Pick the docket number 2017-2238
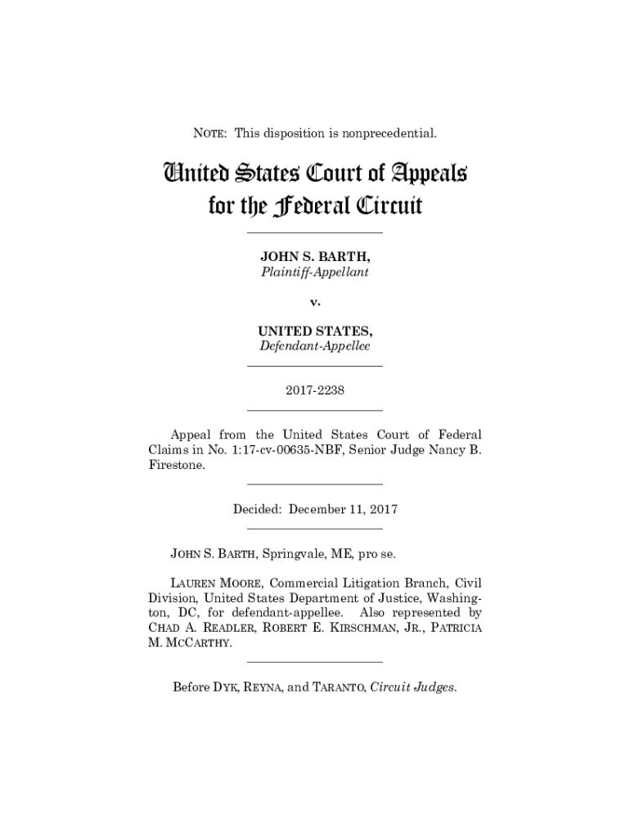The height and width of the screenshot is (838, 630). [x=315, y=390]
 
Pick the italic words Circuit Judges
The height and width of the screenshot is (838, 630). [x=413, y=687]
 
